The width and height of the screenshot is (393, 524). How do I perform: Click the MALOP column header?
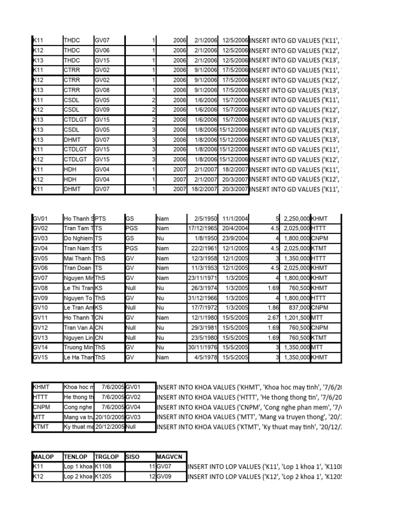[x=46, y=456]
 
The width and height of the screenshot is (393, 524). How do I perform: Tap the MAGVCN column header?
[x=171, y=456]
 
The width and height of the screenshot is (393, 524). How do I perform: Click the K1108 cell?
[x=104, y=467]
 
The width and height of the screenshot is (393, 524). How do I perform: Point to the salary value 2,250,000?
[x=294, y=218]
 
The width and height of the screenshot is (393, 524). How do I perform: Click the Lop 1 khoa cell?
[x=78, y=467]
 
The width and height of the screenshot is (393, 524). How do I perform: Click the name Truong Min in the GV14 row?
[x=78, y=348]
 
